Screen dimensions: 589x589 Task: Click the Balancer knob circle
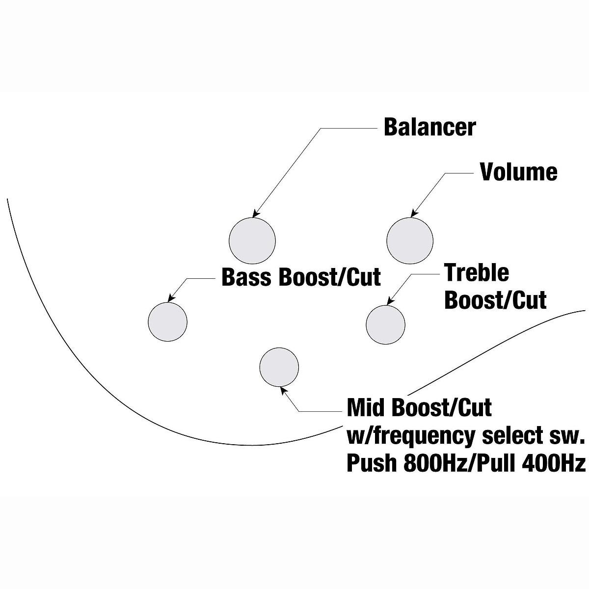pos(252,241)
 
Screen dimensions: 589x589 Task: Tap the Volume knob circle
pos(410,241)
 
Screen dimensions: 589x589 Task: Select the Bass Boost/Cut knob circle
pos(167,322)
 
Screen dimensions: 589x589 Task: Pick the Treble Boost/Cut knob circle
pos(385,324)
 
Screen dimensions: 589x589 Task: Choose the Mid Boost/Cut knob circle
pos(279,367)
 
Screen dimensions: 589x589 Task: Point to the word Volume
pos(519,172)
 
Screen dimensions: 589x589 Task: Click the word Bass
pos(246,277)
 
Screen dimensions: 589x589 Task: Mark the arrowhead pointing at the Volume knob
pos(414,214)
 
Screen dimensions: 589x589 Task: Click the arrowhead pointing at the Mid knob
pos(283,391)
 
